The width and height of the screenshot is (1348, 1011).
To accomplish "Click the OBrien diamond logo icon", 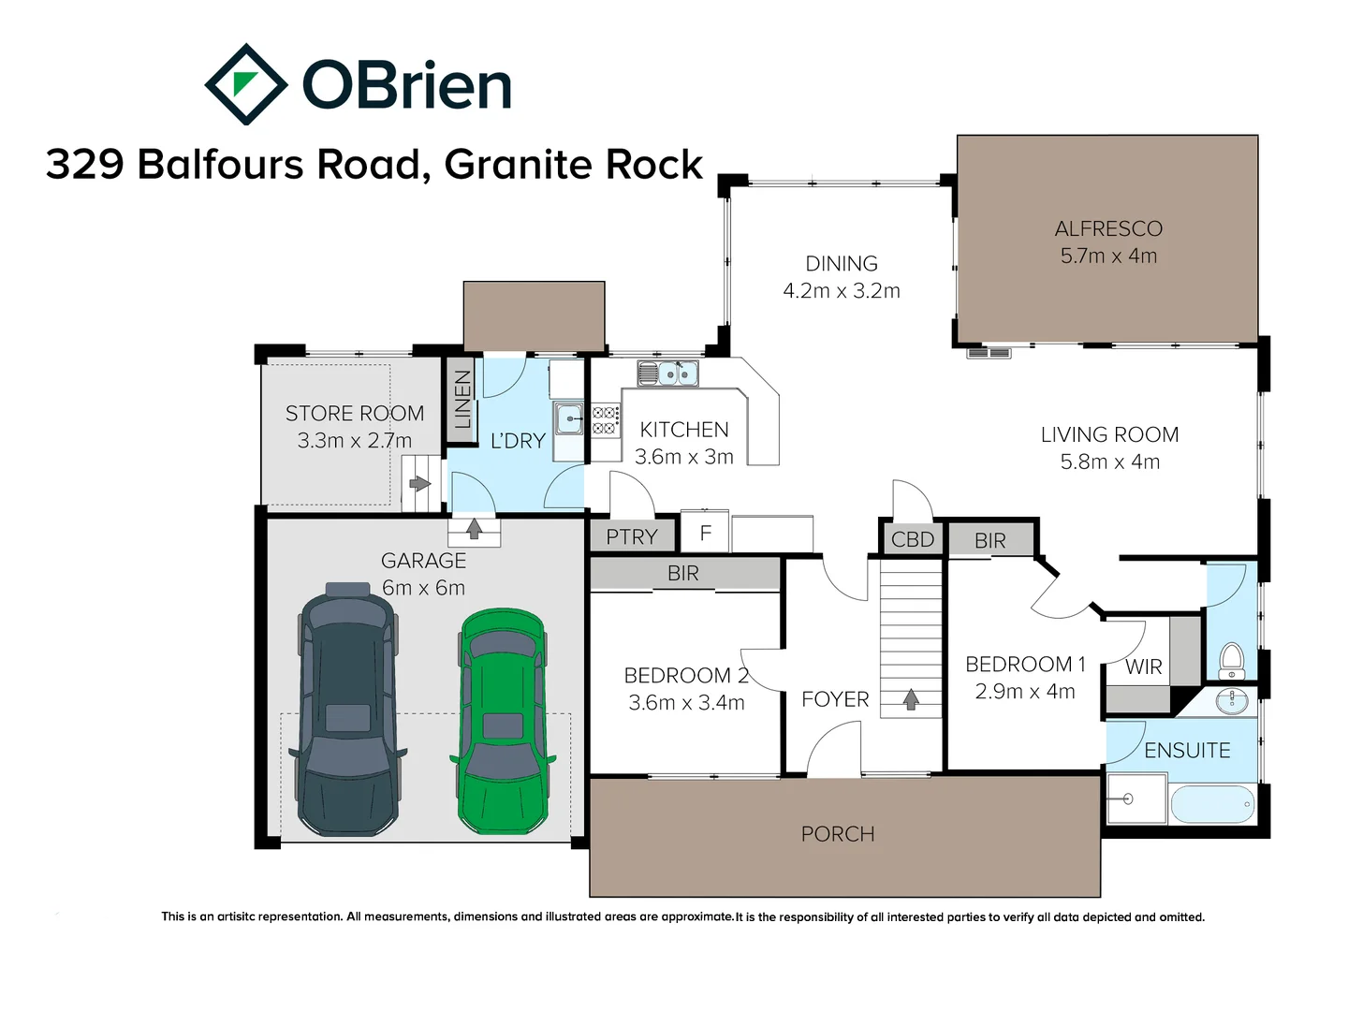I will coord(245,84).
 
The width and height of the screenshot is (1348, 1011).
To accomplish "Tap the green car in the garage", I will coord(503,722).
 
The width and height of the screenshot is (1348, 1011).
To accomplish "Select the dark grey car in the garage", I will coord(348,711).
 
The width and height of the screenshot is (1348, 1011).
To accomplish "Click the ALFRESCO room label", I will coord(1108,228).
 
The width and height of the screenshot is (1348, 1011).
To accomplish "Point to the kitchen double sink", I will coord(668,374).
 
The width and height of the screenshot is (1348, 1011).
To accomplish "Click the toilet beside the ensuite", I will coord(1232,659).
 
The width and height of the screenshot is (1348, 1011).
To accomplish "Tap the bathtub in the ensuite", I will coord(1211,803).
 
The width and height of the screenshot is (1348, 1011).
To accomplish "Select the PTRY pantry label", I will coord(632,536).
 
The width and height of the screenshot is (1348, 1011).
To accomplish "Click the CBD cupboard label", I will coord(913,539).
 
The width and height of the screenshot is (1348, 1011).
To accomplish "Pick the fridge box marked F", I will coord(706,533).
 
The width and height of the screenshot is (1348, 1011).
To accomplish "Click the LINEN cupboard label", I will coord(462,399).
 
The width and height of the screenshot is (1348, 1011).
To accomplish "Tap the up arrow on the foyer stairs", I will coord(911,698).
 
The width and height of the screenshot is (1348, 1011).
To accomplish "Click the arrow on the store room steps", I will coord(419,484).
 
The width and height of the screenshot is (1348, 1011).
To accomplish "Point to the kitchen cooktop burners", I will coord(605,419).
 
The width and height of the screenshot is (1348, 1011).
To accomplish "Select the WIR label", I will coord(1143,667).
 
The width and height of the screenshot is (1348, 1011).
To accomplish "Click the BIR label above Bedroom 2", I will coord(683,573).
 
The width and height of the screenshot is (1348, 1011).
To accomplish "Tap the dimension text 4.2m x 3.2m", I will coord(842,291).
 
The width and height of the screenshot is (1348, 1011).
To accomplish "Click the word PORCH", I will coord(838,833).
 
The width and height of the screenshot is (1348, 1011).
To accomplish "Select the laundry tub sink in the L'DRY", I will coord(568,418).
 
